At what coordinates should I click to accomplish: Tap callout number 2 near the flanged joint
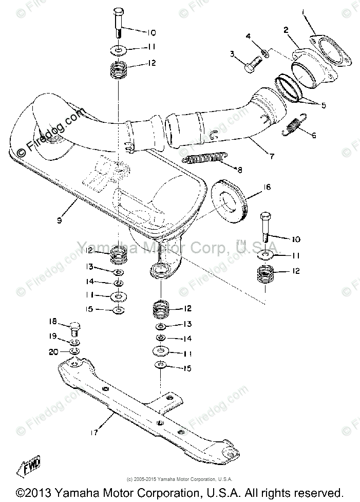click(x=286, y=30)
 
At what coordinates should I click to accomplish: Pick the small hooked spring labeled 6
click(x=295, y=126)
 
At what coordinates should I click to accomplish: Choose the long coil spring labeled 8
click(x=206, y=157)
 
